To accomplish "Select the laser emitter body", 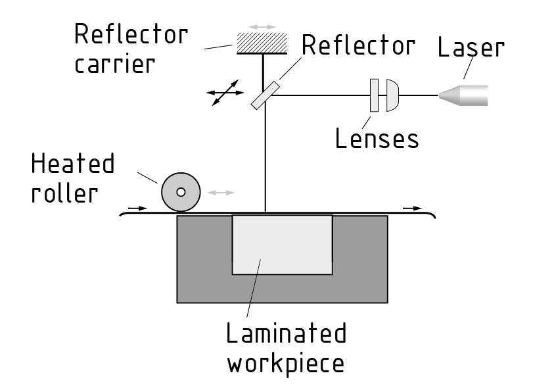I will coord(473,95).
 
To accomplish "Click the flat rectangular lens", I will coord(375,95).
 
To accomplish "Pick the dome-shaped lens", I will coord(391,95).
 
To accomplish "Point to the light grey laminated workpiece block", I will coord(282,244).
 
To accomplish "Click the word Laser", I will coord(471,48).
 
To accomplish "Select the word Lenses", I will coord(377,139).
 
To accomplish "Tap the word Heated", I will coord(72,164).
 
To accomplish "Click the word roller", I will coord(64,193).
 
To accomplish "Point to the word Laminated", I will coord(286,333).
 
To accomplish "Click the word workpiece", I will coord(286,363).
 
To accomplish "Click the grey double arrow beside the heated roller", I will coord(221,192).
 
